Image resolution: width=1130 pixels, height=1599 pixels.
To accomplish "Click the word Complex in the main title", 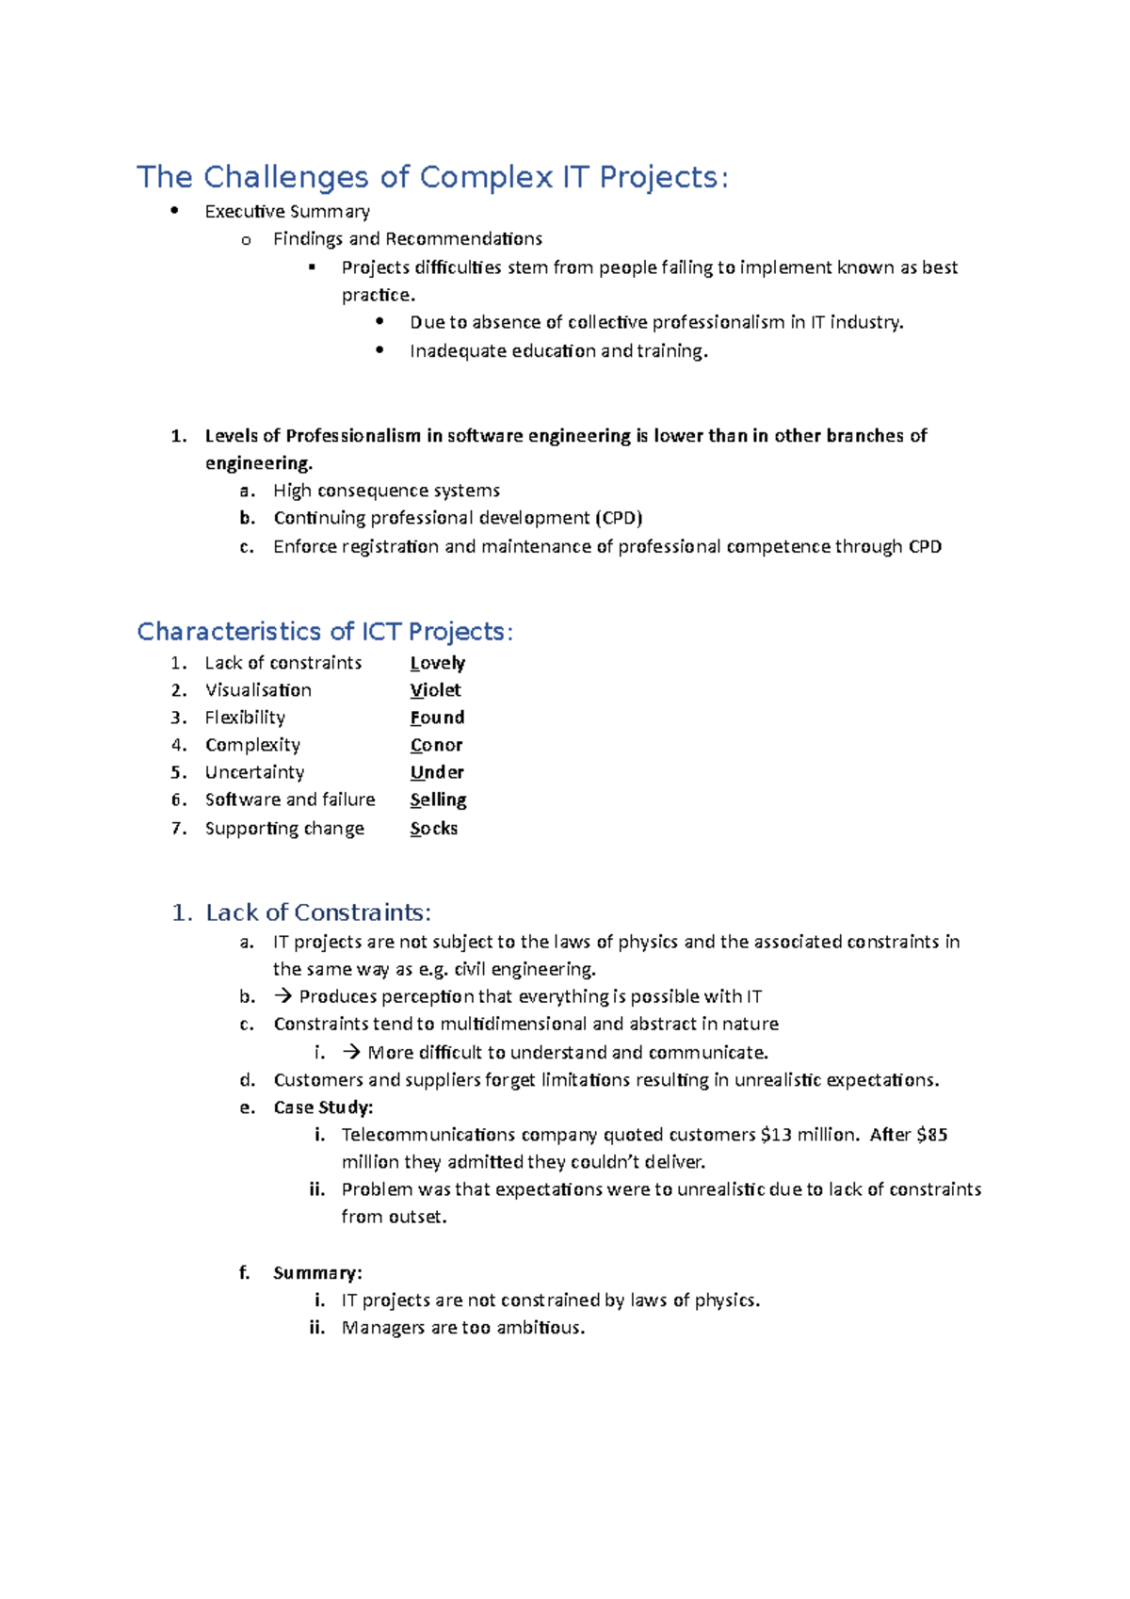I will coord(486,178).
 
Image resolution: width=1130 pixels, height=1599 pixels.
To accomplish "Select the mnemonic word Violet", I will coord(435,690).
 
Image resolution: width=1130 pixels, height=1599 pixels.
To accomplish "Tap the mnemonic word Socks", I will coord(434,829).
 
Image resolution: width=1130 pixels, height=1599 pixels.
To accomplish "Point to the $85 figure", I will coord(931,1135).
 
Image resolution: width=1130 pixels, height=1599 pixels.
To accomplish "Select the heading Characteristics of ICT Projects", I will coord(325,632).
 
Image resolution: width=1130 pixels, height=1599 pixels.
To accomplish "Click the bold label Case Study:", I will coord(323,1107).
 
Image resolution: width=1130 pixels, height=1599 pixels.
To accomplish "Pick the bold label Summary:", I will coord(317,1273).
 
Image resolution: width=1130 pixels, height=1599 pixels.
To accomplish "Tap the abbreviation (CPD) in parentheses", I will coord(619,518).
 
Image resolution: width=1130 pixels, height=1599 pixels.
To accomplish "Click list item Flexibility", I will coord(245,718).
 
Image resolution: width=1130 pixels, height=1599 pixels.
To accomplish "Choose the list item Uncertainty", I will coord(254,772).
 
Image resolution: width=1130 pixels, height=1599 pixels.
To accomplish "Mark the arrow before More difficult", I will coord(351,1052).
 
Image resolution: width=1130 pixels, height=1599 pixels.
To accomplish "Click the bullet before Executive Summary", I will coord(174,211).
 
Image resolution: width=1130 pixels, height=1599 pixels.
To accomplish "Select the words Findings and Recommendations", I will coord(408,239).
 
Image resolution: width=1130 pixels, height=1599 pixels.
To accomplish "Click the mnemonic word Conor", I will coord(436,745).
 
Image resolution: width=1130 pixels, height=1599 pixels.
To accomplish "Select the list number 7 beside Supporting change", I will coord(178,829).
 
